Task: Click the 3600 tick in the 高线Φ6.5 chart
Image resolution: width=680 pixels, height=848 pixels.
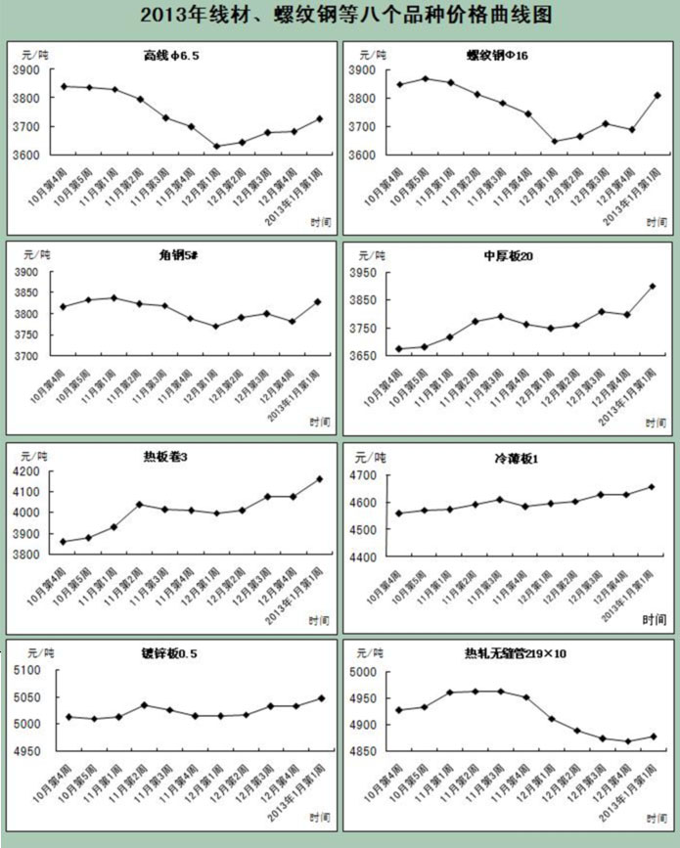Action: pyautogui.click(x=26, y=156)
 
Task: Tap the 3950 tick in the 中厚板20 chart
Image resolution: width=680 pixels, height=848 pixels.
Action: pyautogui.click(x=362, y=273)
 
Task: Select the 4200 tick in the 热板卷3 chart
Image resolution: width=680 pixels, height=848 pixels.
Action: pyautogui.click(x=26, y=471)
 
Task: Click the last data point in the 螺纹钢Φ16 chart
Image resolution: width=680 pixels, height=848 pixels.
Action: pyautogui.click(x=657, y=95)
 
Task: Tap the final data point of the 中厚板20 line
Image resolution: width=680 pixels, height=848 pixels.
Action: pyautogui.click(x=653, y=287)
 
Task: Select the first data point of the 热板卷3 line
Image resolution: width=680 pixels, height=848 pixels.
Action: pyautogui.click(x=64, y=542)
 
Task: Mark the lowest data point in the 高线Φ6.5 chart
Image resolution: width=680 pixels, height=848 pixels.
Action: pyautogui.click(x=216, y=147)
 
